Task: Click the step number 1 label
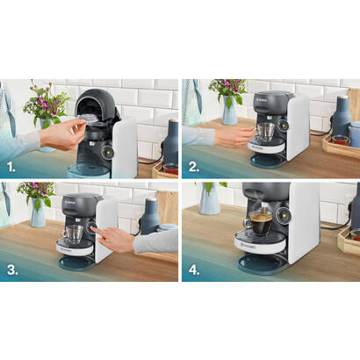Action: [x=11, y=164]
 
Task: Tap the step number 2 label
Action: [x=193, y=164]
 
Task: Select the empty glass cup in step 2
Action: [x=263, y=131]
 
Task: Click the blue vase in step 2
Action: [x=229, y=112]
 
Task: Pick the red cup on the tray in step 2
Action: [x=339, y=140]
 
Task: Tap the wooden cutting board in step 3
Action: [x=167, y=206]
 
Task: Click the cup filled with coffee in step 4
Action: [x=261, y=221]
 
